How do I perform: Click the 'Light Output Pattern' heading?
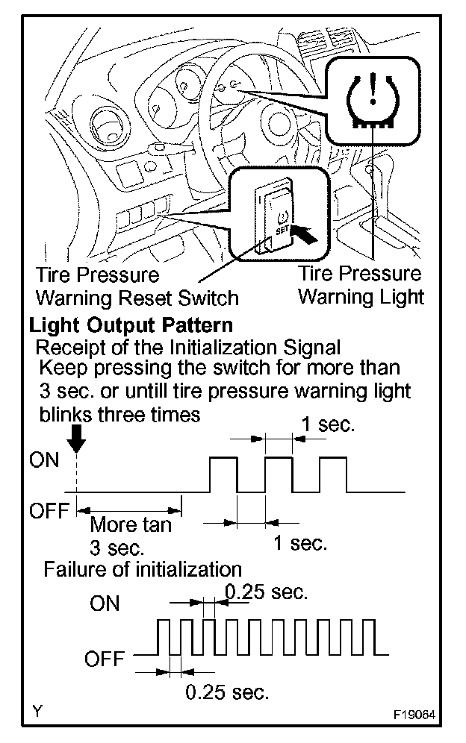click(x=130, y=326)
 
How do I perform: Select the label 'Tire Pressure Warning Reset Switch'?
click(x=137, y=287)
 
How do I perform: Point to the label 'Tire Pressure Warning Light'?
click(x=361, y=285)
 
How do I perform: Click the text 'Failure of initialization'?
click(x=143, y=569)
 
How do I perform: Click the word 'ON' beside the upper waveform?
click(x=43, y=460)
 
